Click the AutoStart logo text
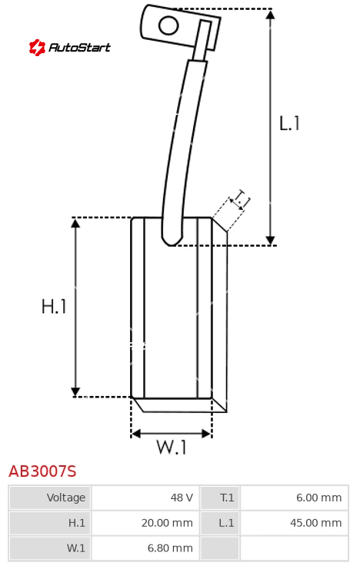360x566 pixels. coord(79,47)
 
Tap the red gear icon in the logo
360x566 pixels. coord(37,47)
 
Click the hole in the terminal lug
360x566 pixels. coord(168,26)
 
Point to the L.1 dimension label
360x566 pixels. coord(289,123)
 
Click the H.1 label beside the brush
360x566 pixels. coord(54,306)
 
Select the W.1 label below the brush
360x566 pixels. coord(172,447)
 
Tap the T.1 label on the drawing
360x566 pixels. coord(241,200)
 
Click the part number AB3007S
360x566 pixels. coord(42,471)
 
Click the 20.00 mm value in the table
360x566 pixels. coord(167,523)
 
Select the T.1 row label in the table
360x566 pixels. coord(227,498)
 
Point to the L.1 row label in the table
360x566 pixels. coord(226,523)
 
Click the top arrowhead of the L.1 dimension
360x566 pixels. coord(270,14)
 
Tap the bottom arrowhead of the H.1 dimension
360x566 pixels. coord(75,391)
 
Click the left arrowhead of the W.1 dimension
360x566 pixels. coord(135,434)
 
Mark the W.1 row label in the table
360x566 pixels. coord(76,548)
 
